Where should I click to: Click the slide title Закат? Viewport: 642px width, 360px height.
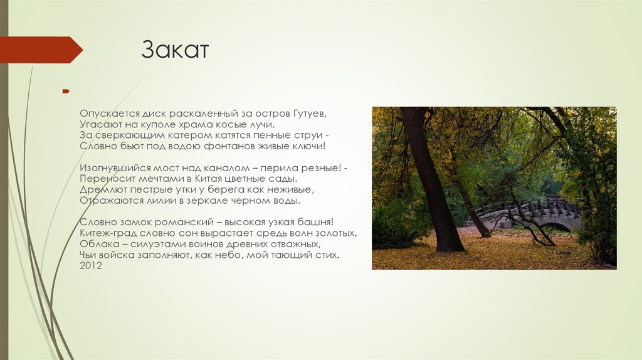[x=174, y=50]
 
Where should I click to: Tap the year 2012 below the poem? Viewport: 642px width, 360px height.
[x=91, y=266]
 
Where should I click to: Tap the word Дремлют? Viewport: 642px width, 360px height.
[x=100, y=190]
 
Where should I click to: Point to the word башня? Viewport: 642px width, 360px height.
[x=318, y=223]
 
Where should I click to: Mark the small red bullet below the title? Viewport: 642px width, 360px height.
[x=65, y=92]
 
